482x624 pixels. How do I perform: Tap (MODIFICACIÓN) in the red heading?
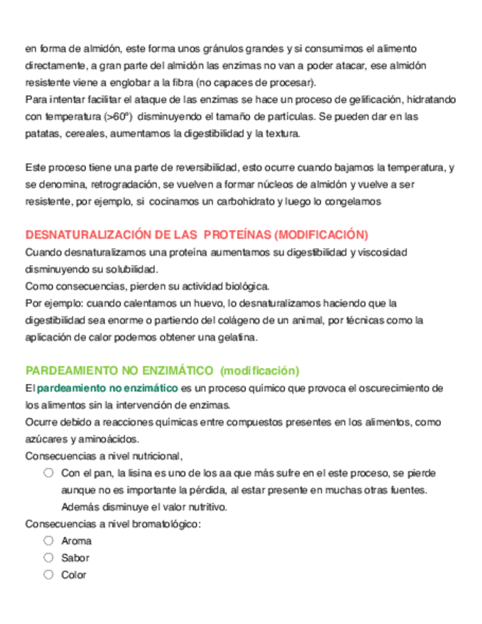(320, 235)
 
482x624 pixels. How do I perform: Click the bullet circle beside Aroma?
(48, 540)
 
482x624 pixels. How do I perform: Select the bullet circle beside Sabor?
(48, 558)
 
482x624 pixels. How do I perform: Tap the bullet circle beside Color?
(48, 575)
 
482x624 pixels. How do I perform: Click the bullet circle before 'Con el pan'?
(48, 472)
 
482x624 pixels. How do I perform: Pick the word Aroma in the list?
(76, 541)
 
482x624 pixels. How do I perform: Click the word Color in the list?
(73, 575)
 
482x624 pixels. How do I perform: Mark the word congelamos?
(353, 201)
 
